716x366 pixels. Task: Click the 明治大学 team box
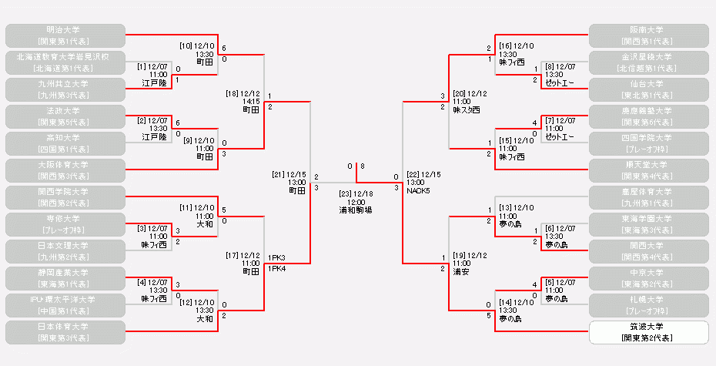coord(65,35)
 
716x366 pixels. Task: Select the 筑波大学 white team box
coord(648,332)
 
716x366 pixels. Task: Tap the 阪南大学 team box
coord(648,35)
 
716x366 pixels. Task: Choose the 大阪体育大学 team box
coord(65,170)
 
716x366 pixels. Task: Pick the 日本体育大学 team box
coord(65,332)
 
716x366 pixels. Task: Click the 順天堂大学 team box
coord(648,170)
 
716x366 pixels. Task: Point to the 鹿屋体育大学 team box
coord(648,196)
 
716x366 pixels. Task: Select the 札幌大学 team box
coord(648,304)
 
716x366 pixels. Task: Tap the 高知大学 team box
coord(65,143)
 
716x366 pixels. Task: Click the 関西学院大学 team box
coord(65,196)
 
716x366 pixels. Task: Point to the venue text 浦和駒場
coord(356,210)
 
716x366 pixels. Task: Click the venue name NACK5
coord(419,190)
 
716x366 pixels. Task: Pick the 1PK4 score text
coord(277,267)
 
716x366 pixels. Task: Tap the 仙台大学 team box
coord(648,89)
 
